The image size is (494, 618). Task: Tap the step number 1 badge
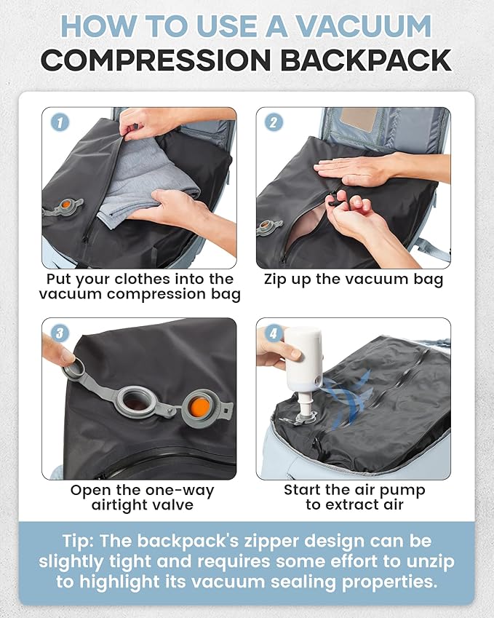click(60, 122)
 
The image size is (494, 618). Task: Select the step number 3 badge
click(60, 333)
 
